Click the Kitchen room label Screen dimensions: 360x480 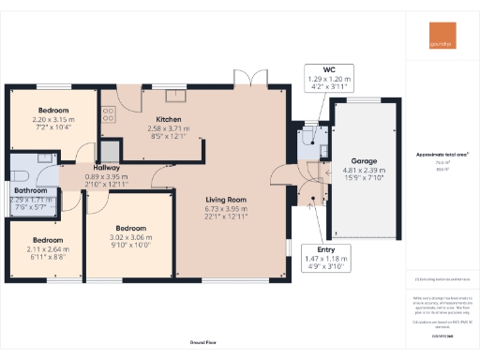169,120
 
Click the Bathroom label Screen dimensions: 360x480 31,190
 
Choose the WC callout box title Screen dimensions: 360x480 329,70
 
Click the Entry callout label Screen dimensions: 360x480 326,250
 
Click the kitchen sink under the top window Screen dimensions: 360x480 174,94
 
